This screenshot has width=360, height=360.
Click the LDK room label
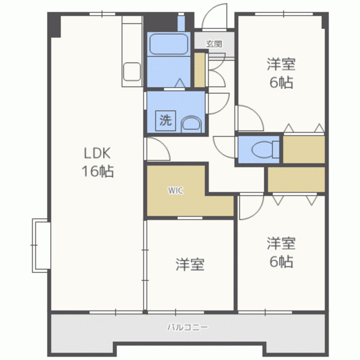tap(97, 153)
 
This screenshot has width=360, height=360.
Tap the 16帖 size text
tap(98, 171)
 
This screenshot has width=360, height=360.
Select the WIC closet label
tap(175, 190)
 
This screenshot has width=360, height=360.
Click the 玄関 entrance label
tap(214, 44)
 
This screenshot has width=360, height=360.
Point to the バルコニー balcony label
tap(187, 327)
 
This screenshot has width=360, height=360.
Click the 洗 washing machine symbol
tap(165, 121)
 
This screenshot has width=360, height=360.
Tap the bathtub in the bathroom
tap(169, 44)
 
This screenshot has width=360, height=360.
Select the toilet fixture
tap(265, 150)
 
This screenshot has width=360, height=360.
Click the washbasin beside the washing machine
tap(191, 124)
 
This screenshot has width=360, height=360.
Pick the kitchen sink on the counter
tap(132, 71)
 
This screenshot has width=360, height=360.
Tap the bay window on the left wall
tap(41, 245)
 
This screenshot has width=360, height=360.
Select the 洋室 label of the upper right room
tap(281, 64)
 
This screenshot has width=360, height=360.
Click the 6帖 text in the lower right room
tap(281, 262)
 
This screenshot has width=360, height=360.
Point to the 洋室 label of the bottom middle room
tap(190, 264)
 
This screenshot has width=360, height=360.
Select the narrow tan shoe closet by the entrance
tap(200, 70)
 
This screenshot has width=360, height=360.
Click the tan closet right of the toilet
tap(304, 150)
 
